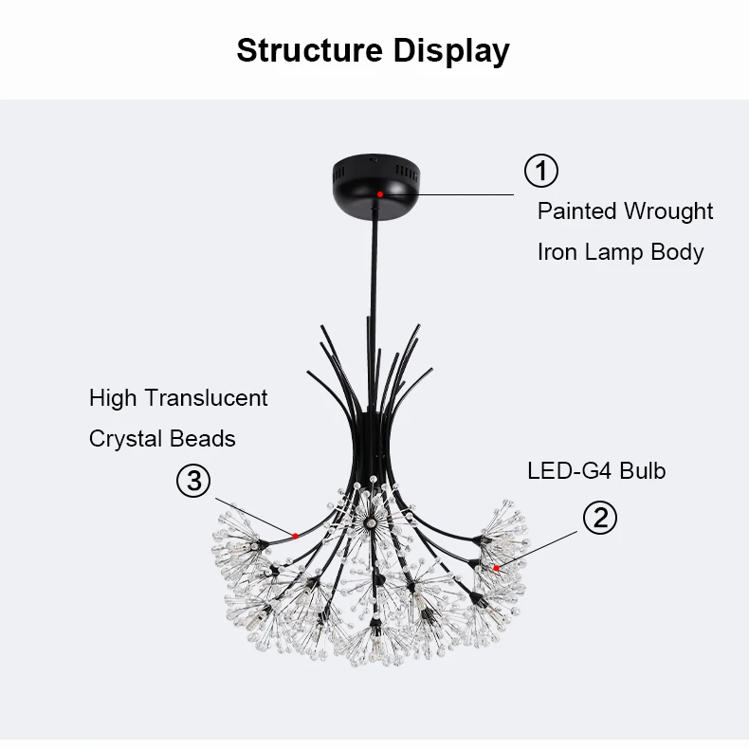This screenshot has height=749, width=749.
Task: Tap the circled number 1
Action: (x=541, y=171)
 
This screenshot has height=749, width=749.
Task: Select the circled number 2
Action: (x=599, y=518)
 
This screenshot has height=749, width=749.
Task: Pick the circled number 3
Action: (x=194, y=481)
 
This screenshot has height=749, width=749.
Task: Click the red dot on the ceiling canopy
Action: (x=379, y=193)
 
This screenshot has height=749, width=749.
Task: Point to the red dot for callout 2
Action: (x=496, y=568)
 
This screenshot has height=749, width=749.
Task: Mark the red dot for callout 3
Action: (x=296, y=536)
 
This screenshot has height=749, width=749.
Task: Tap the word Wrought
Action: (x=668, y=210)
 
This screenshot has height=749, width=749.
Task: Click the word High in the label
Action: (x=112, y=398)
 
